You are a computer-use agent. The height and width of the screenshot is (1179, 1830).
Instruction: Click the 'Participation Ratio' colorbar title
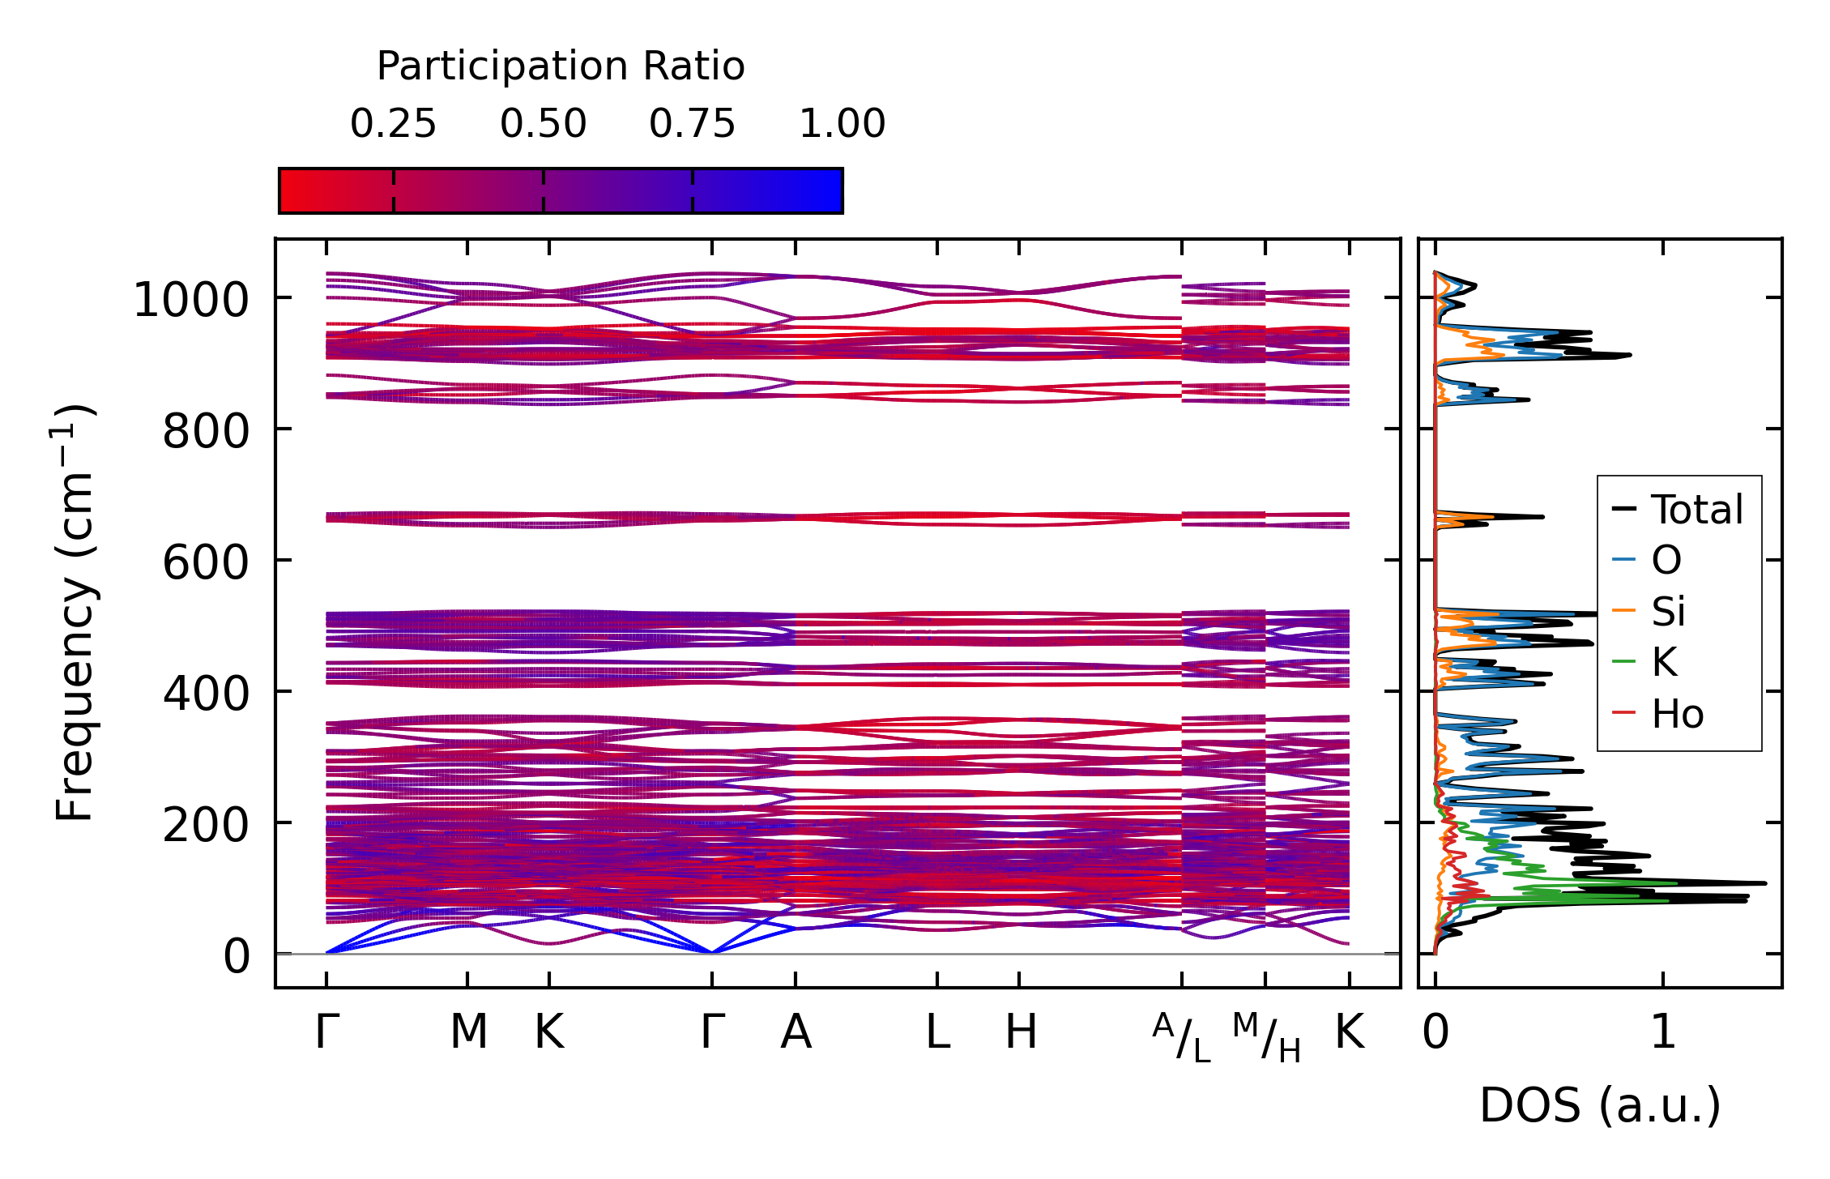tap(561, 66)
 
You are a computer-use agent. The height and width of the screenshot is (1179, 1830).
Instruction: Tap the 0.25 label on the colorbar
tap(393, 124)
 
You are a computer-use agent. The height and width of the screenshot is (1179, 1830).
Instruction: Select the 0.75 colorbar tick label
tap(692, 124)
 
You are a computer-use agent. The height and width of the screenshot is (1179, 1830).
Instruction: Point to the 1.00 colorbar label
tap(842, 124)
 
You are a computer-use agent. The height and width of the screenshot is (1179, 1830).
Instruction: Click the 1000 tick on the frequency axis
tap(191, 301)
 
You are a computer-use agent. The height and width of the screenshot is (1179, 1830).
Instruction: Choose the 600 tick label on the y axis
tap(207, 562)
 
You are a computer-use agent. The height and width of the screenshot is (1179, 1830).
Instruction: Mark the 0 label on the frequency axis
tap(237, 956)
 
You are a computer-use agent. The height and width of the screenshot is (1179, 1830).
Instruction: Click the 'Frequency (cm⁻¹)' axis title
tap(75, 613)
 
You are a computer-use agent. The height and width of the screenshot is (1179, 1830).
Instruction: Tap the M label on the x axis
tap(468, 1032)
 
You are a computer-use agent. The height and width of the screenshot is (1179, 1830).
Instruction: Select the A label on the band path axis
tap(796, 1032)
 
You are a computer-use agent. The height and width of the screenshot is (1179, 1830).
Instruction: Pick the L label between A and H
tap(937, 1032)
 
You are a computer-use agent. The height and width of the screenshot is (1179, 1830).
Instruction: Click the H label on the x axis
tap(1020, 1032)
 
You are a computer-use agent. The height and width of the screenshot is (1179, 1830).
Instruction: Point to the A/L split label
tap(1182, 1037)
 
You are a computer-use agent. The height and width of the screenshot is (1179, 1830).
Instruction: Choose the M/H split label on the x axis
tap(1266, 1037)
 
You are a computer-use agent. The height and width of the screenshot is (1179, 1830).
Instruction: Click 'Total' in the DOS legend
tap(1696, 510)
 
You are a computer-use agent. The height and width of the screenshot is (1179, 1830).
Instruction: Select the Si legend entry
tap(1668, 611)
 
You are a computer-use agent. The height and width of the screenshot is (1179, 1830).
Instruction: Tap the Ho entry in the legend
tap(1677, 714)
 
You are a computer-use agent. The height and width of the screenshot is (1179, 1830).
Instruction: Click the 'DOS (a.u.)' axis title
tap(1600, 1105)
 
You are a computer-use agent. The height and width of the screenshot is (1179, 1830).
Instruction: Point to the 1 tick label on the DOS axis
tap(1663, 1032)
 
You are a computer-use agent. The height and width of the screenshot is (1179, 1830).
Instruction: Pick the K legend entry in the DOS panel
tap(1664, 662)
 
